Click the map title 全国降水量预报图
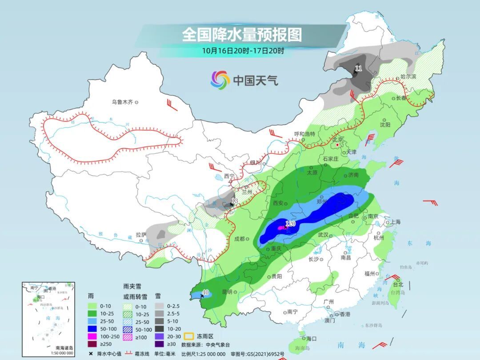[x=242, y=34]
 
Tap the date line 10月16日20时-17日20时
[x=243, y=51]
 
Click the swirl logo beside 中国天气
[x=220, y=80]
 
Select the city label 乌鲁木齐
[x=122, y=102]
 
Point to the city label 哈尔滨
[x=408, y=76]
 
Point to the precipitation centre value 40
[x=205, y=292]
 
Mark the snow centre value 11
[x=359, y=68]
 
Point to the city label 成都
[x=239, y=239]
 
